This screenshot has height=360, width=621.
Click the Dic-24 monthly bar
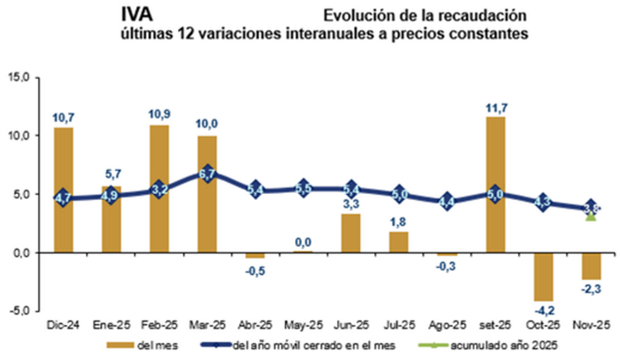(x=63, y=189)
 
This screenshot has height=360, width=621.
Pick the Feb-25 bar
(x=159, y=188)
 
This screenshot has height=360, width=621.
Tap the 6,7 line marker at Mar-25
(x=207, y=174)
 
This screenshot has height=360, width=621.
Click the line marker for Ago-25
(x=447, y=202)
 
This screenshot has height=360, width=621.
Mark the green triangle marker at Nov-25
(x=590, y=216)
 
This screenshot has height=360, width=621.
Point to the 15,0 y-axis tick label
(x=18, y=77)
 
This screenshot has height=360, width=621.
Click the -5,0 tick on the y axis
(x=18, y=311)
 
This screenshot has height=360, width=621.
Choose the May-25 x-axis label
(x=303, y=324)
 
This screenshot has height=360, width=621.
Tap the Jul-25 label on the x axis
(x=399, y=324)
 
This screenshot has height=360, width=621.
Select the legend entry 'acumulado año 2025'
(x=471, y=346)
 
